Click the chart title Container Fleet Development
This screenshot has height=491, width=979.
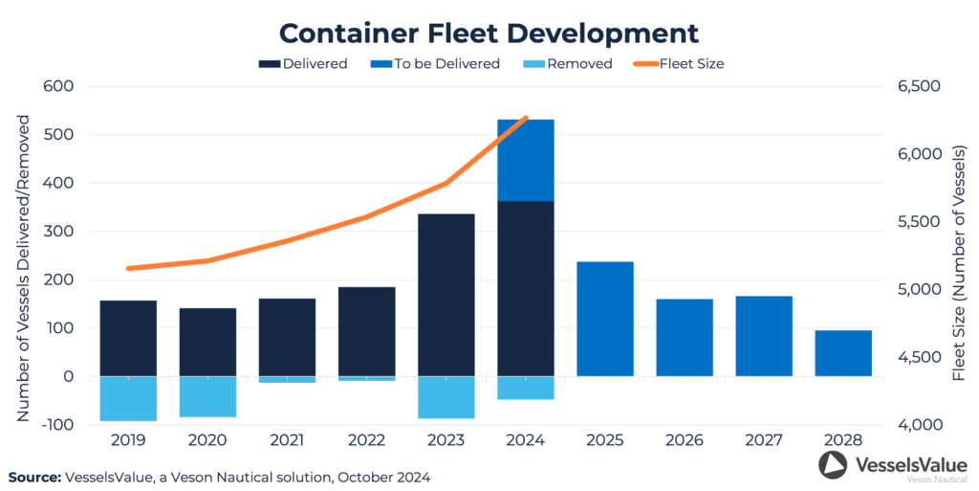pyautogui.click(x=489, y=33)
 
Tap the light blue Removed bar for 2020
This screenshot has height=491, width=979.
pyautogui.click(x=207, y=396)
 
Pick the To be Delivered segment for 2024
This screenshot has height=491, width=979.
pyautogui.click(x=526, y=160)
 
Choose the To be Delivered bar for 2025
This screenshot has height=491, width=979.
pyautogui.click(x=605, y=319)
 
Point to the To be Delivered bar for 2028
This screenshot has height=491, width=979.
pyautogui.click(x=843, y=353)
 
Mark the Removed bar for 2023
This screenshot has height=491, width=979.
pyautogui.click(x=446, y=397)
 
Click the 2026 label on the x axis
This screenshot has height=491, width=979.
pyautogui.click(x=685, y=441)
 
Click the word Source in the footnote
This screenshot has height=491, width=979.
pyautogui.click(x=35, y=476)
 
